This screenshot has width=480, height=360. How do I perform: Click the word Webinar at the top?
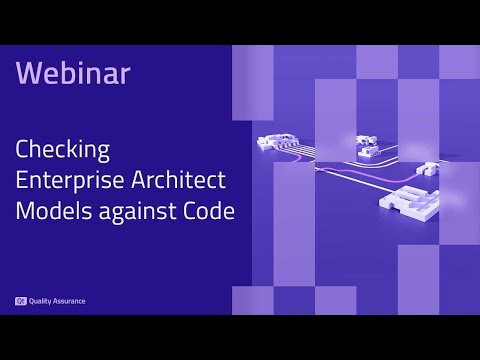[73, 73]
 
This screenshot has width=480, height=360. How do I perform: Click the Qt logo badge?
[20, 300]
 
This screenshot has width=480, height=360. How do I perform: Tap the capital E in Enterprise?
[22, 182]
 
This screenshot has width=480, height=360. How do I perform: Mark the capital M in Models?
[24, 212]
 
